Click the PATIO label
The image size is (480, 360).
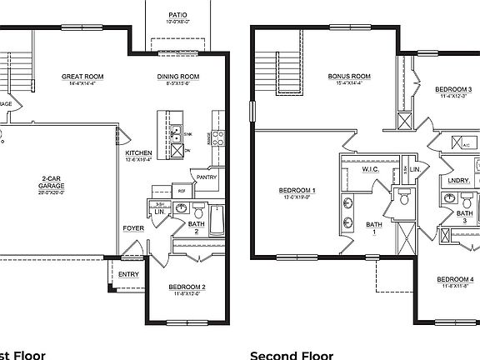[177, 14]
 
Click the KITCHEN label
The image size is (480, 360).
[138, 154]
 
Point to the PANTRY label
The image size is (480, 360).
[207, 177]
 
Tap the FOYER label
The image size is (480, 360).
[133, 227]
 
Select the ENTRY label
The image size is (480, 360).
[128, 273]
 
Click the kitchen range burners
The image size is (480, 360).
[217, 138]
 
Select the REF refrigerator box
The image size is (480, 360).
[182, 191]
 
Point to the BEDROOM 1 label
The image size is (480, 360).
[297, 191]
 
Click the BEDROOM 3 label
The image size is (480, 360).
[454, 89]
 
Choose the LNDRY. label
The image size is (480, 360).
[458, 180]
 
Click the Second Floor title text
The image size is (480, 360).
[291, 354]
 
